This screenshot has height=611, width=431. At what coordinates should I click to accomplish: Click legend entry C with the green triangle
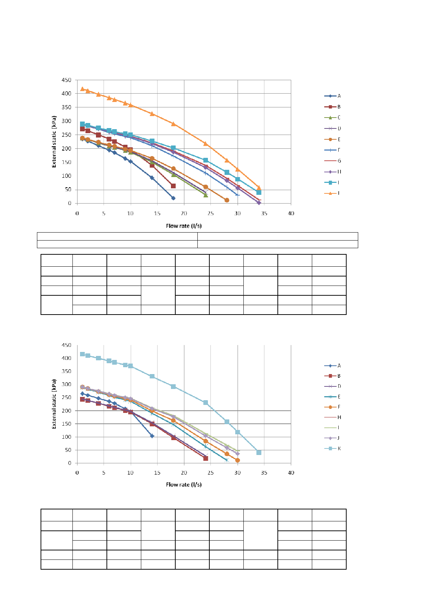(x=332, y=118)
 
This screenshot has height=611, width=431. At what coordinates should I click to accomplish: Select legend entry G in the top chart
(x=332, y=161)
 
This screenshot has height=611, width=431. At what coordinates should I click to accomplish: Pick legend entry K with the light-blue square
(x=332, y=448)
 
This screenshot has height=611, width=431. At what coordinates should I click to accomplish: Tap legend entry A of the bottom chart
(x=332, y=366)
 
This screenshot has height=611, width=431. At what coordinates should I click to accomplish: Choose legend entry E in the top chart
(x=332, y=139)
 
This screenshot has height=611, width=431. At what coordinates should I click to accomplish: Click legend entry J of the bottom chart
(x=332, y=438)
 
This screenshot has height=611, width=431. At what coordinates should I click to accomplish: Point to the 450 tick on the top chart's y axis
(x=67, y=80)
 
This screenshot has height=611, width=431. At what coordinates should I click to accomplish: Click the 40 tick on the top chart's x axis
(x=291, y=213)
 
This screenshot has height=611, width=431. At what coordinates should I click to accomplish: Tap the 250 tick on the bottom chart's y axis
(x=67, y=398)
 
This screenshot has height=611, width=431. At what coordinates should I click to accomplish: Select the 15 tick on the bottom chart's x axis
(x=157, y=473)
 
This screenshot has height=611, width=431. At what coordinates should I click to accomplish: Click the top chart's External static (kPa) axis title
(x=54, y=142)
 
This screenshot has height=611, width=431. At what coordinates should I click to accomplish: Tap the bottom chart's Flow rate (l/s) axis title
(x=184, y=485)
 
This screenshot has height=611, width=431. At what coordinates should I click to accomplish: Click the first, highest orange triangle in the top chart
(x=83, y=89)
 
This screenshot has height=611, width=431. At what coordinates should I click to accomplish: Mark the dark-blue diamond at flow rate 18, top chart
(x=173, y=198)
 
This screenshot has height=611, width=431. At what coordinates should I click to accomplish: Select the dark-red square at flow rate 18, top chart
(x=173, y=186)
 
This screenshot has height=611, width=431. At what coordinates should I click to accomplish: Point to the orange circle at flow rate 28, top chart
(x=227, y=200)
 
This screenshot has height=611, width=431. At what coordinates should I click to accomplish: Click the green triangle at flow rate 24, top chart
(x=206, y=195)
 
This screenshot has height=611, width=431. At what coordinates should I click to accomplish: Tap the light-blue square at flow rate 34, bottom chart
(x=259, y=452)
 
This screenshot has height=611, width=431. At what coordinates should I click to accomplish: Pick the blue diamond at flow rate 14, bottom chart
(x=152, y=436)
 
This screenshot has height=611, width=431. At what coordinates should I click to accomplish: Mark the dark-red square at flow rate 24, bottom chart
(x=206, y=459)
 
